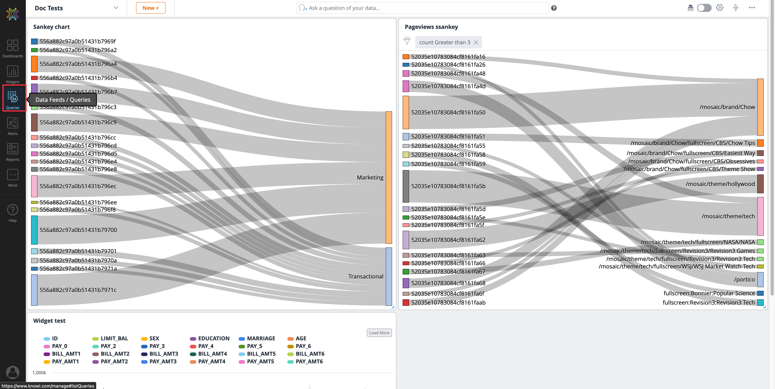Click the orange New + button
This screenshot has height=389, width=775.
[x=150, y=8]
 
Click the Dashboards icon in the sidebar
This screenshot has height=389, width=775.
[x=13, y=48]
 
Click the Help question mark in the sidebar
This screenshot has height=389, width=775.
[x=13, y=212]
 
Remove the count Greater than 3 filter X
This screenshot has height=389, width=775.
[x=476, y=42]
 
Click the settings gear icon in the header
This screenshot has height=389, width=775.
[x=719, y=8]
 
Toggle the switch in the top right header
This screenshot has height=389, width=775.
[x=704, y=8]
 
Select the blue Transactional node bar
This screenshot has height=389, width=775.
[x=389, y=276]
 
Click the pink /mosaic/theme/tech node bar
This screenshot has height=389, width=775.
[x=760, y=216]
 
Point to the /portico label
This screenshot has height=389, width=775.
[x=744, y=279]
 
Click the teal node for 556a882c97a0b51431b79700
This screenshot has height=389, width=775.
[x=34, y=230]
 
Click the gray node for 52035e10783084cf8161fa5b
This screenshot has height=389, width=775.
[x=405, y=186]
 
